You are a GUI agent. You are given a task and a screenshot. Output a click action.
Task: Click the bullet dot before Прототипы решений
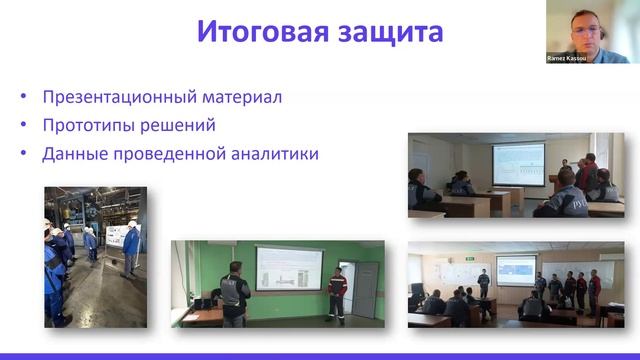(24, 126)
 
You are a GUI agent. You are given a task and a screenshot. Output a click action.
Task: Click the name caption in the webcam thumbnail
(569, 58)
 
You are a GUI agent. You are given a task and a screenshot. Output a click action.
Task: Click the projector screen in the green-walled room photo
(289, 269)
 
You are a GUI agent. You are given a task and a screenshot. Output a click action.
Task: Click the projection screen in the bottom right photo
(516, 270)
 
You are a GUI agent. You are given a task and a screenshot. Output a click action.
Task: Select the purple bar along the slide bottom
(320, 356)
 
